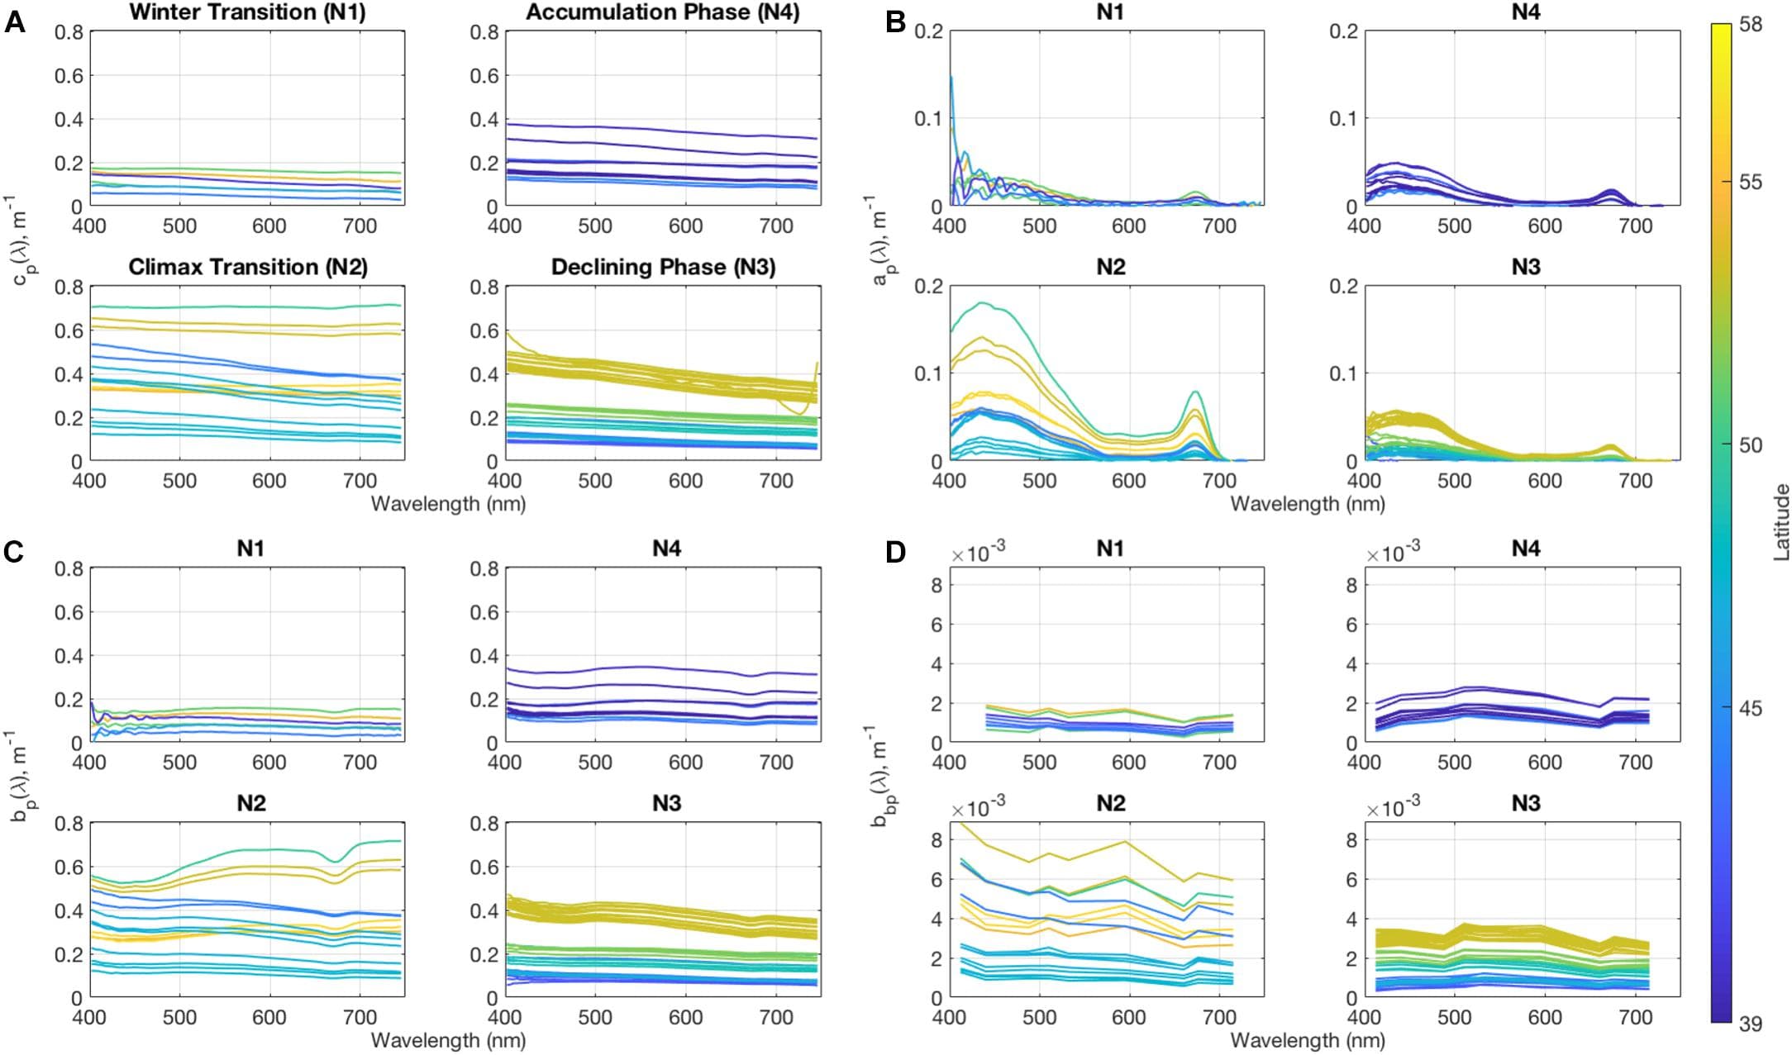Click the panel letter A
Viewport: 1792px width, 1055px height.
coord(15,22)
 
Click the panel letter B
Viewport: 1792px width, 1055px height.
coord(895,22)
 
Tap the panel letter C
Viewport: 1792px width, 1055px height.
coord(14,552)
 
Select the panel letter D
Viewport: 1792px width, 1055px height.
coord(896,552)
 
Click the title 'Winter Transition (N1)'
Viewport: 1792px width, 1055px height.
coord(247,12)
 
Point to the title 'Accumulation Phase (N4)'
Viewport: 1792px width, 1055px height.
coord(662,12)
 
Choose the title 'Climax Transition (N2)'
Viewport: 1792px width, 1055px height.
coord(247,267)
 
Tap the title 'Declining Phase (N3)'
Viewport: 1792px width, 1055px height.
coord(663,267)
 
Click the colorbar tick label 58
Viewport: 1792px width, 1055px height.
coord(1751,25)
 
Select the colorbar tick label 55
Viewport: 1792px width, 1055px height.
coord(1751,183)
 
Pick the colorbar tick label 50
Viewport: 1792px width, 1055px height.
coord(1751,445)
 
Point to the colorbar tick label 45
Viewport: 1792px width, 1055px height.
coord(1751,709)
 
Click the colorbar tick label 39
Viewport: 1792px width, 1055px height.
coord(1751,1024)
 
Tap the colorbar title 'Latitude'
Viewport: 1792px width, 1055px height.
coord(1781,523)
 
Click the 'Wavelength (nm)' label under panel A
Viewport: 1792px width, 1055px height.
coord(448,504)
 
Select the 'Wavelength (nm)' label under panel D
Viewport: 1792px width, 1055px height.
coord(1308,1040)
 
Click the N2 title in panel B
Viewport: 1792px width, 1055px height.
coord(1110,267)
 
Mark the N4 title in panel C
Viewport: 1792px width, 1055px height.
coord(666,549)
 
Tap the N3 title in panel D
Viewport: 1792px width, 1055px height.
coord(1525,804)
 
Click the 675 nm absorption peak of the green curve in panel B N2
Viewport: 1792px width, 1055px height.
coord(1195,392)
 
